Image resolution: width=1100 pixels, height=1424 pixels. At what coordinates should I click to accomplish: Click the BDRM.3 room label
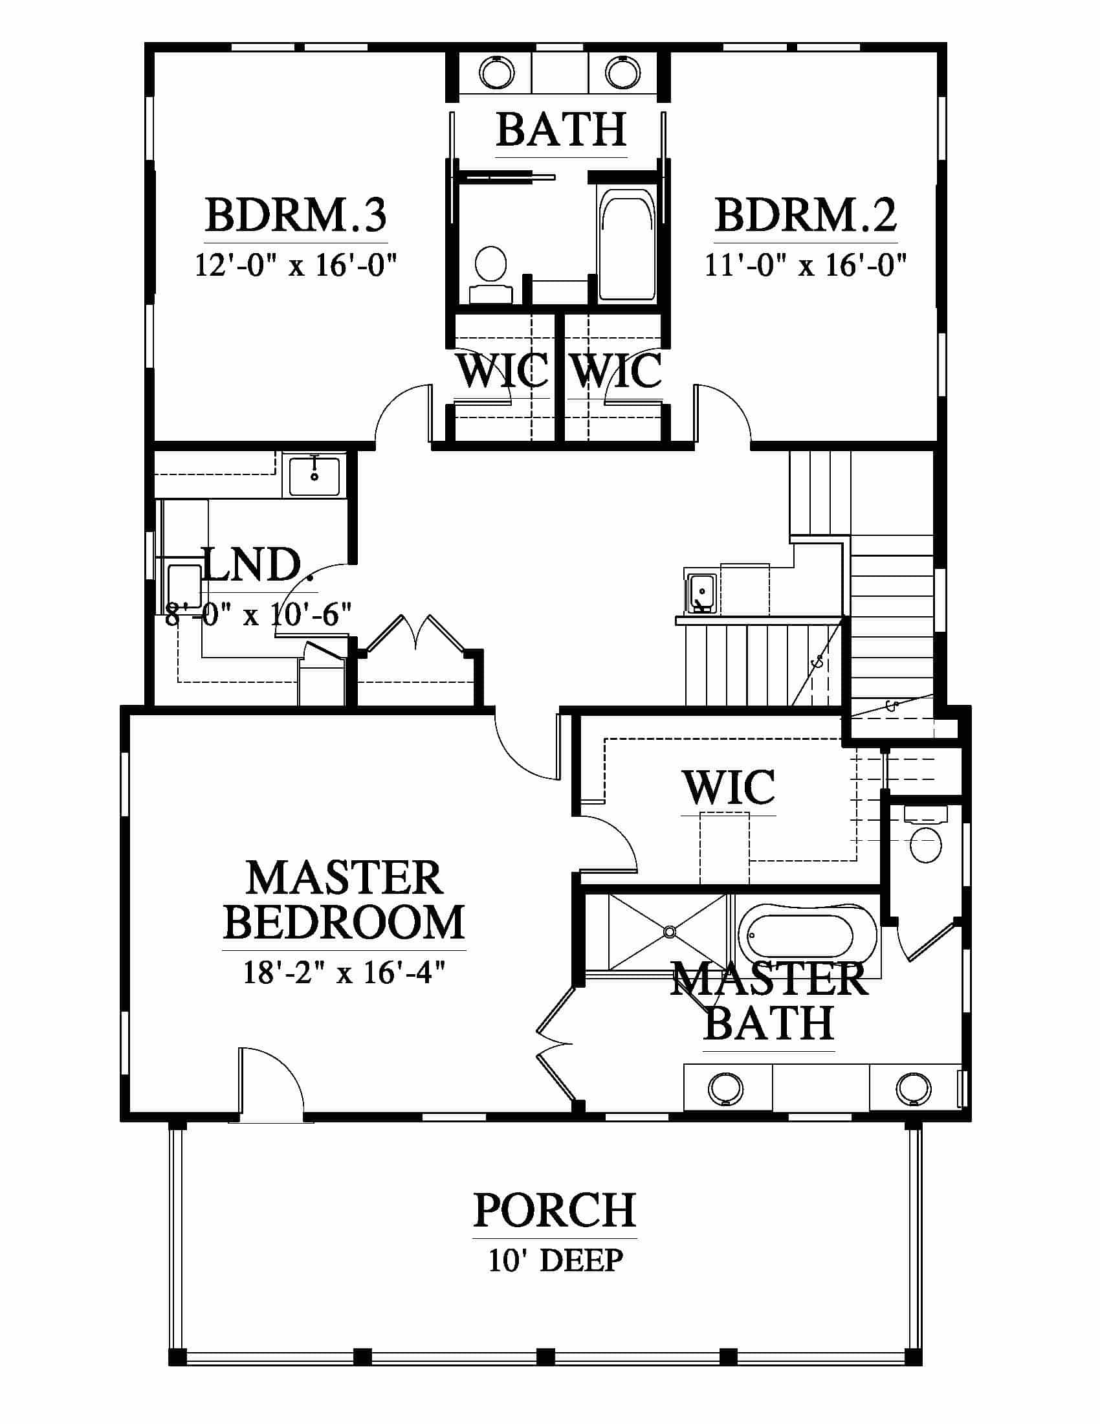pyautogui.click(x=296, y=215)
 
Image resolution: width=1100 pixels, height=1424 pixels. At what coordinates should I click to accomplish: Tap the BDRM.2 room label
pyautogui.click(x=806, y=215)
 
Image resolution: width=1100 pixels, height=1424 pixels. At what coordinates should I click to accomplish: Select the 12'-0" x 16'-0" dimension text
pyautogui.click(x=296, y=265)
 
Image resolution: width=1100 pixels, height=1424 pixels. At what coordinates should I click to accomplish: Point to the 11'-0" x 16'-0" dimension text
pyautogui.click(x=806, y=265)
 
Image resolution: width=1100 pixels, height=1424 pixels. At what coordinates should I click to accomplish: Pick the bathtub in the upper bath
pyautogui.click(x=626, y=245)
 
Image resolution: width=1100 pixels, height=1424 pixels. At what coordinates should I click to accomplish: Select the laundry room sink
pyautogui.click(x=314, y=477)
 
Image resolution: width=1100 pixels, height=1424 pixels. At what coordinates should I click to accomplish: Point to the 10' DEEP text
pyautogui.click(x=556, y=1260)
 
